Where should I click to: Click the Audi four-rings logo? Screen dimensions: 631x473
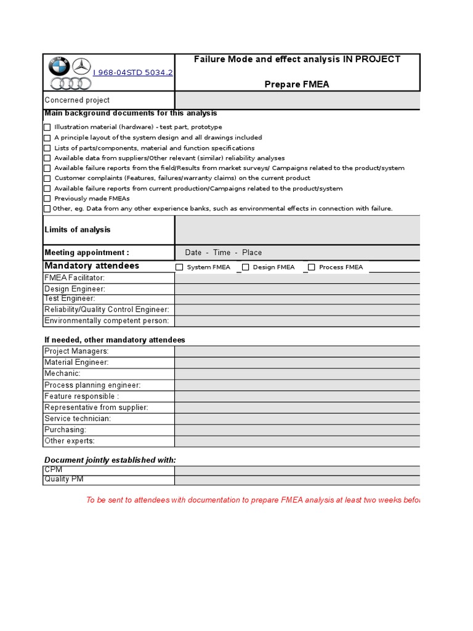point(70,84)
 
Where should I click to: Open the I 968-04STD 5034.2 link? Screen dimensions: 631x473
point(132,72)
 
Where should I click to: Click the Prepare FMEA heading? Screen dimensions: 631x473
point(297,84)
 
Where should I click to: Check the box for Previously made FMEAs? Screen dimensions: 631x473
point(47,198)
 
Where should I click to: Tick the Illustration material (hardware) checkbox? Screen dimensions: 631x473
point(47,127)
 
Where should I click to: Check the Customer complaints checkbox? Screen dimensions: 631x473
point(47,178)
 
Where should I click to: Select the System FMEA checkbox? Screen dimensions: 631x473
point(180,267)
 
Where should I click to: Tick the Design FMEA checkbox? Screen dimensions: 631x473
point(246,267)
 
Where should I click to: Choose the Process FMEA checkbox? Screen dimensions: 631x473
point(312,267)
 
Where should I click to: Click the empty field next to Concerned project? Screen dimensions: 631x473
point(297,100)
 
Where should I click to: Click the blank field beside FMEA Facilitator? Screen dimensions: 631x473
point(297,278)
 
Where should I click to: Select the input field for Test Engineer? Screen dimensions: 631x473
point(297,299)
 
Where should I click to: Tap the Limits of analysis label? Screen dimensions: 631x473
point(78,230)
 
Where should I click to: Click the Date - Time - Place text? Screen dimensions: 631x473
point(223,253)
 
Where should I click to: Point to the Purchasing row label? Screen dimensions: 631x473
point(65,429)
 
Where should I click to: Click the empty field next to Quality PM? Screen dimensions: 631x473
point(297,480)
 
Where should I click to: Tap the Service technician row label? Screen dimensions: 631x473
point(78,418)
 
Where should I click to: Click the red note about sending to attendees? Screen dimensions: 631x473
point(253,500)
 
